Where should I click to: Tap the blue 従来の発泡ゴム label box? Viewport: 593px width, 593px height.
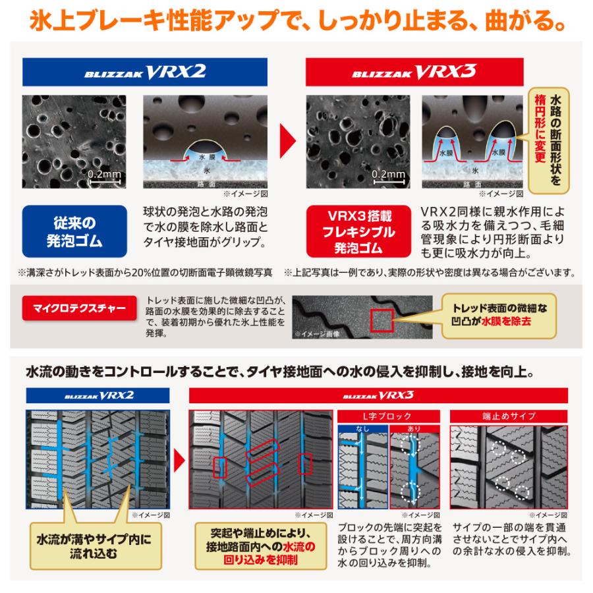click(74, 230)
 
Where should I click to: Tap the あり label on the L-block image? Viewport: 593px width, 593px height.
click(413, 428)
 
